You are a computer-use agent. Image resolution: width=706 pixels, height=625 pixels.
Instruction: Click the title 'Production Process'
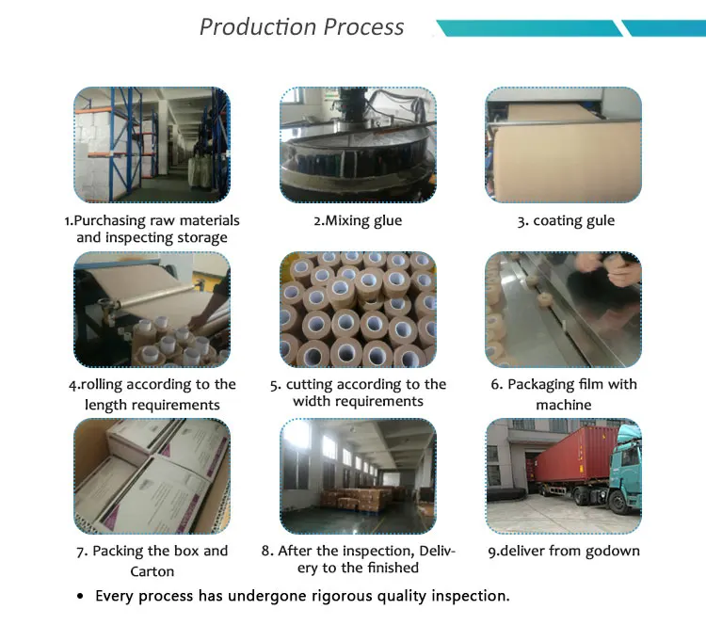click(301, 26)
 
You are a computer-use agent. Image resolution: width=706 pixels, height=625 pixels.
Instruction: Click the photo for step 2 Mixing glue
click(358, 146)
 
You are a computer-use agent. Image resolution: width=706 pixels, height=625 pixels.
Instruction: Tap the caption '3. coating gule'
click(565, 221)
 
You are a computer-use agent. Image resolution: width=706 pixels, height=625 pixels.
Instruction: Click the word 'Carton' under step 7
click(152, 571)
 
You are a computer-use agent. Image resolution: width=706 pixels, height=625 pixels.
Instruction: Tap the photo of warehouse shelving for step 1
click(152, 146)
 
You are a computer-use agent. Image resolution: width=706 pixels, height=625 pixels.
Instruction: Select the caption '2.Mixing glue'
click(358, 221)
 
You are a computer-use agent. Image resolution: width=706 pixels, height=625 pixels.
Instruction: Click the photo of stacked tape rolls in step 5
click(358, 310)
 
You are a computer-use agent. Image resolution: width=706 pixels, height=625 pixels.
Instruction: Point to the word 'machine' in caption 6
click(564, 405)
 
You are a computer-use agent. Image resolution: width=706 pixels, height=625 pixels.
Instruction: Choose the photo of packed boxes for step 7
click(152, 475)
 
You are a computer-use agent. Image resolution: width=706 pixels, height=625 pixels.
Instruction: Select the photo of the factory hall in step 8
click(358, 475)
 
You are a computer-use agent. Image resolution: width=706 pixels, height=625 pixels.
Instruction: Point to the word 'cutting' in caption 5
click(311, 384)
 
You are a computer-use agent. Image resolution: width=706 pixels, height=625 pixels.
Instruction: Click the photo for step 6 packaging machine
click(564, 310)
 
